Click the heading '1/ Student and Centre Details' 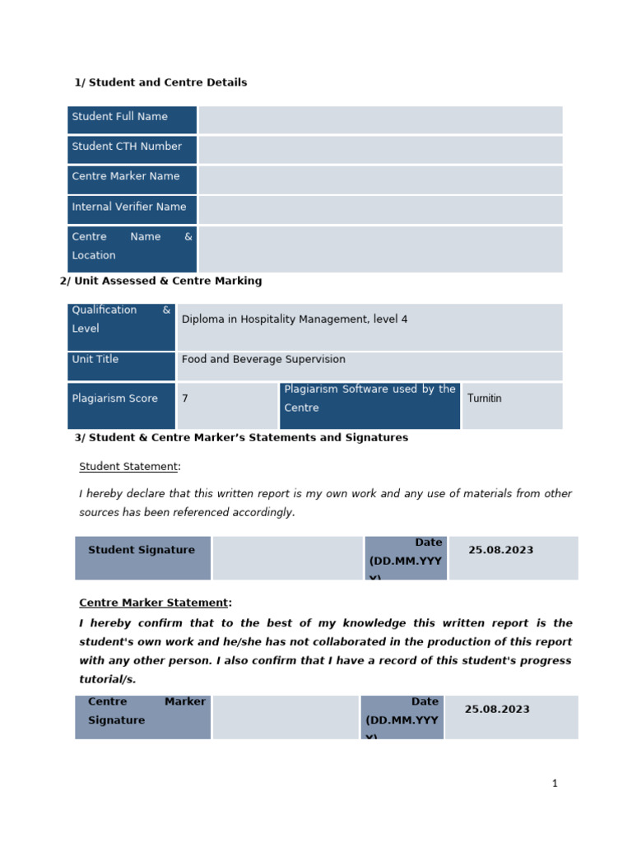(160, 82)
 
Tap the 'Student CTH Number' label (127, 147)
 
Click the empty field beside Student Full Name (380, 120)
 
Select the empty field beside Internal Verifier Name (380, 209)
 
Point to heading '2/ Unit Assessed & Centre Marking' (160, 281)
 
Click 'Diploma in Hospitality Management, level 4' (295, 319)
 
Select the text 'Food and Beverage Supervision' (263, 360)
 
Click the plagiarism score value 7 (185, 398)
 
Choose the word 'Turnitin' (485, 398)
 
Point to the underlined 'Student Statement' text (128, 467)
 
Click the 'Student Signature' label (142, 550)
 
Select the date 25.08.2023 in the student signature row (501, 550)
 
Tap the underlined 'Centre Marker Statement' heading (154, 603)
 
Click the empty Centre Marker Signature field (286, 717)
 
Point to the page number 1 (555, 784)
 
